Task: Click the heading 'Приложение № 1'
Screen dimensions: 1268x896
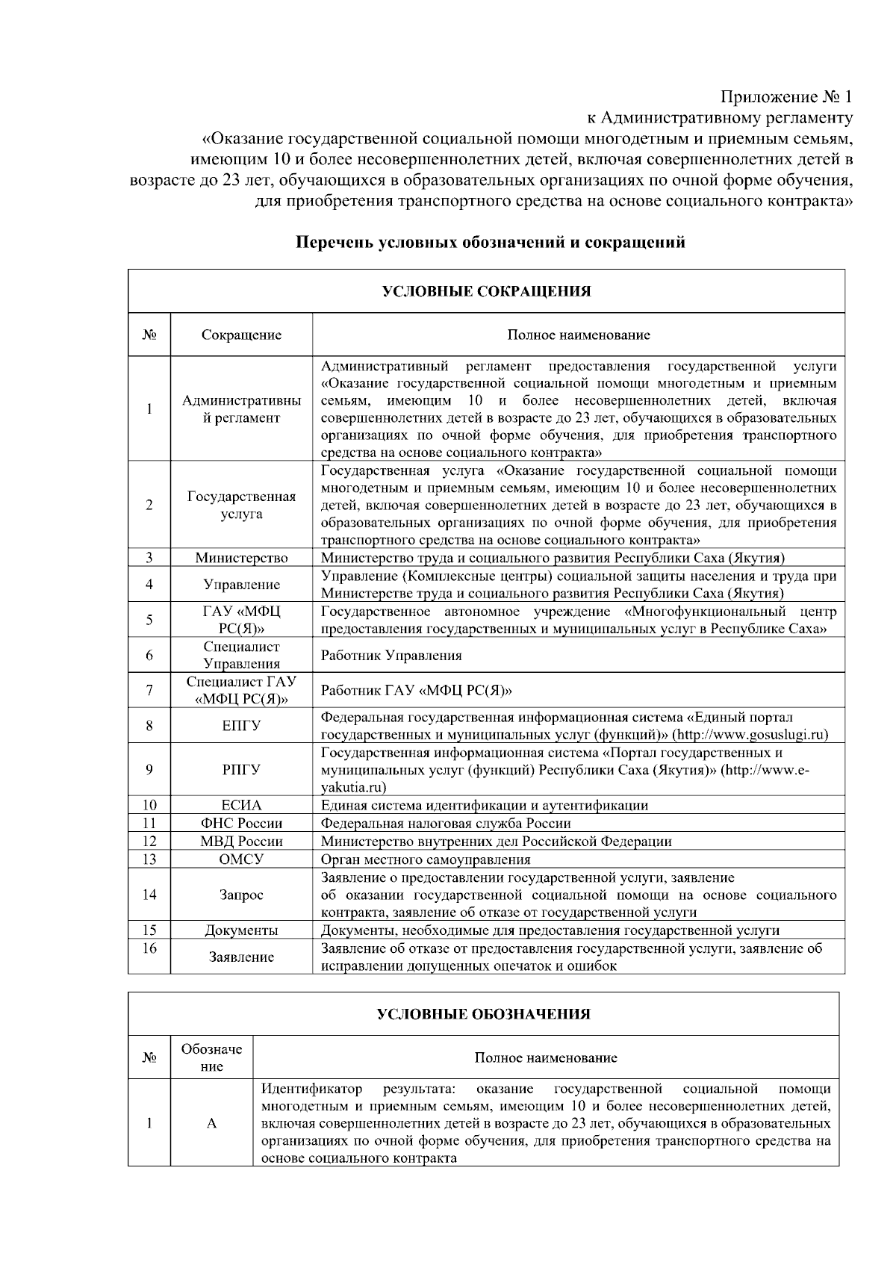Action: [785, 97]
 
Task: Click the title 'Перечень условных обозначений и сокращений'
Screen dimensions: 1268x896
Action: [491, 243]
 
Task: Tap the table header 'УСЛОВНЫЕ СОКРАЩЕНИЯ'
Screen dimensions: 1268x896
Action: [486, 291]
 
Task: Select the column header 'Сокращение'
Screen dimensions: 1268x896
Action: [241, 335]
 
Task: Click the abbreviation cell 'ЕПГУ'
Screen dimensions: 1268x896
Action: [241, 725]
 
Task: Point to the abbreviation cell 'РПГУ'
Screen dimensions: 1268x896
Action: [241, 769]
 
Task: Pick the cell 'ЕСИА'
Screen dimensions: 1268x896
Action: [241, 805]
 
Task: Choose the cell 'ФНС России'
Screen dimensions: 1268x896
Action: [241, 823]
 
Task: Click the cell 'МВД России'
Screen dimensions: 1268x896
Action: [241, 841]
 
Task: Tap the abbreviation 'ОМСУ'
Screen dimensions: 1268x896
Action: [241, 859]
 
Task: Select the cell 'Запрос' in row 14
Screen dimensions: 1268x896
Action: [241, 895]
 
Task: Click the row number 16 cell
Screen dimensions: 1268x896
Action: [149, 948]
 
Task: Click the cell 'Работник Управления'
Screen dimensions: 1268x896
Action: [391, 656]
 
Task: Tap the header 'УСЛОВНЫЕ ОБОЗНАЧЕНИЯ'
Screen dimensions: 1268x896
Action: [483, 1014]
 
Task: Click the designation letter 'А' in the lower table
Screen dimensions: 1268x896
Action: [211, 1124]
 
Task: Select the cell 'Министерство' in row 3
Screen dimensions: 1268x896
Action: [241, 558]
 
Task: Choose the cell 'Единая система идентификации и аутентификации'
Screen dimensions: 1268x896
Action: [484, 805]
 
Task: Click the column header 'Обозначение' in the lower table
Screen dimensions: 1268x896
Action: [211, 1057]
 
